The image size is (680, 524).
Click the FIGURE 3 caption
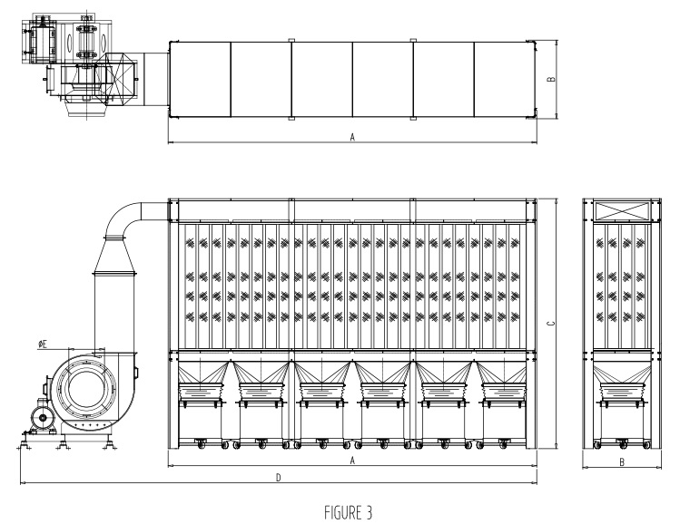point(349,513)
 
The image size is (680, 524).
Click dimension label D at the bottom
point(279,478)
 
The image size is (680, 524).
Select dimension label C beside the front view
point(551,324)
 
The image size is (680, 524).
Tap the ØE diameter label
point(43,344)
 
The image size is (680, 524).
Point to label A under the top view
point(352,137)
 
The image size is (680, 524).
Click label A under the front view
point(352,461)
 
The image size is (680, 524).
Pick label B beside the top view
point(551,79)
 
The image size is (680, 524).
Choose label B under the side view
point(622,462)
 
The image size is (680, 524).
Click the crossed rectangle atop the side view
point(622,211)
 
